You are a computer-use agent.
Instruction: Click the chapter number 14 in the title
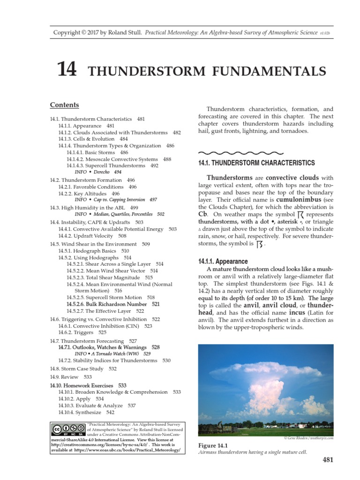point(66,69)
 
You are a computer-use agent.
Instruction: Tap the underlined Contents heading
point(64,105)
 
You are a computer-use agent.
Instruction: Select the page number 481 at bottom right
point(328,460)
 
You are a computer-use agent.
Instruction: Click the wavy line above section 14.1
point(241,152)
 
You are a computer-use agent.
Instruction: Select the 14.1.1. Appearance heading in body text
point(224,262)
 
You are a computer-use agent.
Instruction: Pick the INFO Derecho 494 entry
point(97,172)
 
